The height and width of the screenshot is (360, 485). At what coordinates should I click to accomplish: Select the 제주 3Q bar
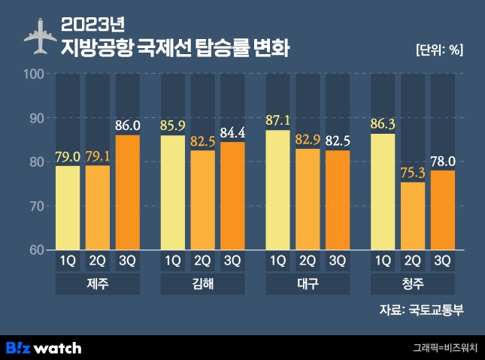[128, 192]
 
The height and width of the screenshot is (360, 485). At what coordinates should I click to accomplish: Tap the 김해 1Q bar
[173, 192]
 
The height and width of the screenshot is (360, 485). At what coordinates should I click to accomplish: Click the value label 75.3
[413, 172]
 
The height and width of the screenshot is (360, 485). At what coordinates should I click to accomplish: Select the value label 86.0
[128, 126]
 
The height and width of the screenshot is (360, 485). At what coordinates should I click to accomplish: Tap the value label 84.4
[233, 132]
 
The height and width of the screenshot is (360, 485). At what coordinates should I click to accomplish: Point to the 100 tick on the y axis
[35, 74]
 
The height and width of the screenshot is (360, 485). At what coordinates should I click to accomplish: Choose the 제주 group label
[99, 285]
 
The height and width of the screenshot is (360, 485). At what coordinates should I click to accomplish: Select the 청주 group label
[413, 285]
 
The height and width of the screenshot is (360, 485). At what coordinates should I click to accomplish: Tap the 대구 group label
[308, 285]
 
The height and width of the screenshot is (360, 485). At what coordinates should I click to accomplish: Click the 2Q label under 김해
[203, 262]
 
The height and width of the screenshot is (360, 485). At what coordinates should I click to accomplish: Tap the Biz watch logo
[44, 347]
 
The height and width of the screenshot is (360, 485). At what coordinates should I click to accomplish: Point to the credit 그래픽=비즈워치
[444, 348]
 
